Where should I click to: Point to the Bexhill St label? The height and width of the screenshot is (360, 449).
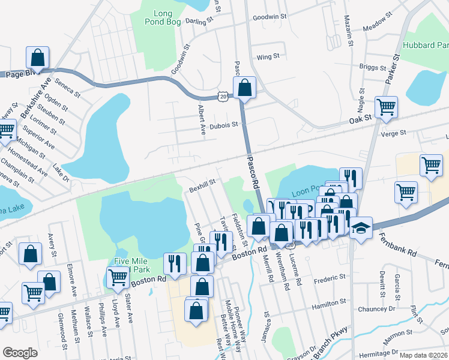pyautogui.click(x=202, y=188)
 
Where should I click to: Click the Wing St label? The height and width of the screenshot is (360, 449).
pyautogui.click(x=268, y=57)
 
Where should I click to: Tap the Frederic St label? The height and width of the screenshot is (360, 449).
pyautogui.click(x=330, y=278)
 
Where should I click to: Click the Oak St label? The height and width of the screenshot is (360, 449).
pyautogui.click(x=361, y=121)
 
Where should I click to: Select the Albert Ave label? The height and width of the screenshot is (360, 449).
pyautogui.click(x=202, y=119)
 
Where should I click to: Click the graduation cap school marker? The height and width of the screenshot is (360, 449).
pyautogui.click(x=360, y=229)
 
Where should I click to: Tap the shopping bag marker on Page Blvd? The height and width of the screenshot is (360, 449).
pyautogui.click(x=37, y=59)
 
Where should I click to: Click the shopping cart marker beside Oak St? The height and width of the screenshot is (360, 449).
pyautogui.click(x=386, y=107)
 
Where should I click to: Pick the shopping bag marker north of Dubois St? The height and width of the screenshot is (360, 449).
pyautogui.click(x=244, y=88)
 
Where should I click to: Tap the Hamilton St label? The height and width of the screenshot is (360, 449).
pyautogui.click(x=329, y=306)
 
